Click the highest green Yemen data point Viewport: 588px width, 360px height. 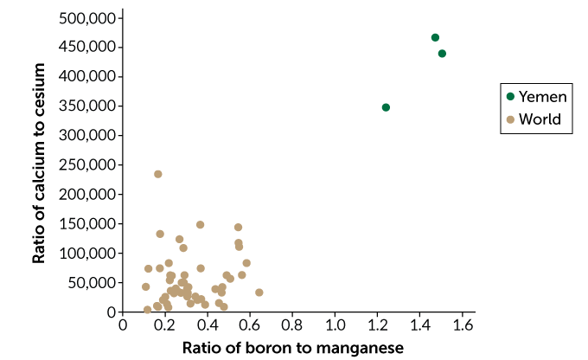pyautogui.click(x=435, y=37)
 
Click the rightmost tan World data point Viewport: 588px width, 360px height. pyautogui.click(x=259, y=292)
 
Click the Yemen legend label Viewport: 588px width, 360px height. pyautogui.click(x=542, y=97)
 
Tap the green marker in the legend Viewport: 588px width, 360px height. pyautogui.click(x=511, y=97)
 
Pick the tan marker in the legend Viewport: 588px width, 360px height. pyautogui.click(x=511, y=119)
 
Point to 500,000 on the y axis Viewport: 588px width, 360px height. pyautogui.click(x=86, y=17)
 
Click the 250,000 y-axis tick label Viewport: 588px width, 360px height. pyautogui.click(x=86, y=164)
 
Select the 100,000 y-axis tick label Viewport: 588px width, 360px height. pyautogui.click(x=86, y=253)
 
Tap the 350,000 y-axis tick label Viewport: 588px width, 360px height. pyautogui.click(x=86, y=106)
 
